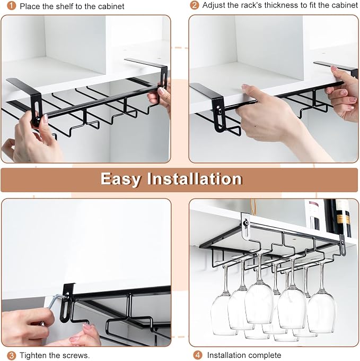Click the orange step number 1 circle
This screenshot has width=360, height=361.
(x=11, y=6)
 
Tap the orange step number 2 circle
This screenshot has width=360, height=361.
(x=195, y=5)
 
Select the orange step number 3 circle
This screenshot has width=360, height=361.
(x=11, y=355)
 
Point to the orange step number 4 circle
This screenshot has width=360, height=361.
(x=197, y=355)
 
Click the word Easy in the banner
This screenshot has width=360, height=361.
(x=121, y=179)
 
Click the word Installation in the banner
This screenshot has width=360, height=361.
(x=195, y=179)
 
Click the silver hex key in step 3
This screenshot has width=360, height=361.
(x=56, y=301)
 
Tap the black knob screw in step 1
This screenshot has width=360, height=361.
(x=37, y=120)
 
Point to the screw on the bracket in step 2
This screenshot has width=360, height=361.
(x=219, y=110)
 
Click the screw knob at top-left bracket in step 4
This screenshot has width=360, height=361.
(x=246, y=222)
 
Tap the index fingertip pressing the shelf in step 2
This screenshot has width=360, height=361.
(x=245, y=87)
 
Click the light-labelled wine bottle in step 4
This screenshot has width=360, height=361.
(x=314, y=214)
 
